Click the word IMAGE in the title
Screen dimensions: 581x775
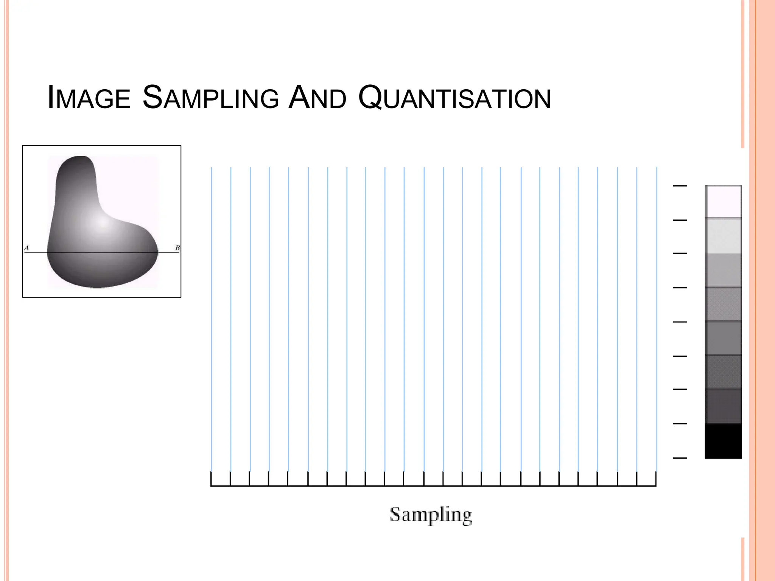[89, 98]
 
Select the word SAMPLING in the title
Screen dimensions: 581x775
[211, 98]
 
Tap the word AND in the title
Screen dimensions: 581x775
[317, 98]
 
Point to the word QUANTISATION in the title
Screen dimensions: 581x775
[454, 98]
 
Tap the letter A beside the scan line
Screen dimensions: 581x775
[26, 248]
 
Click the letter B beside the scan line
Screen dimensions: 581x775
[177, 248]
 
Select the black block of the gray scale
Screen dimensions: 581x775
[723, 441]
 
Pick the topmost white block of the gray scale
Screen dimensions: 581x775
[723, 202]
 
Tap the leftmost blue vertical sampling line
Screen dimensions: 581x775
[212, 318]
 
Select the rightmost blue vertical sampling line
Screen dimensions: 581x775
[657, 318]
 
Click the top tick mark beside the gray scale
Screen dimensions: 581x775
[680, 186]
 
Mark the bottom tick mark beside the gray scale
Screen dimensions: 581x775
[680, 458]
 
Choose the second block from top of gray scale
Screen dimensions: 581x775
[723, 236]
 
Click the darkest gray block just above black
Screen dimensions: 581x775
[723, 406]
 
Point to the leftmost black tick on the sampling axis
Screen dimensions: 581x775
[211, 478]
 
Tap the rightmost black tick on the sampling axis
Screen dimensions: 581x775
[656, 478]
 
